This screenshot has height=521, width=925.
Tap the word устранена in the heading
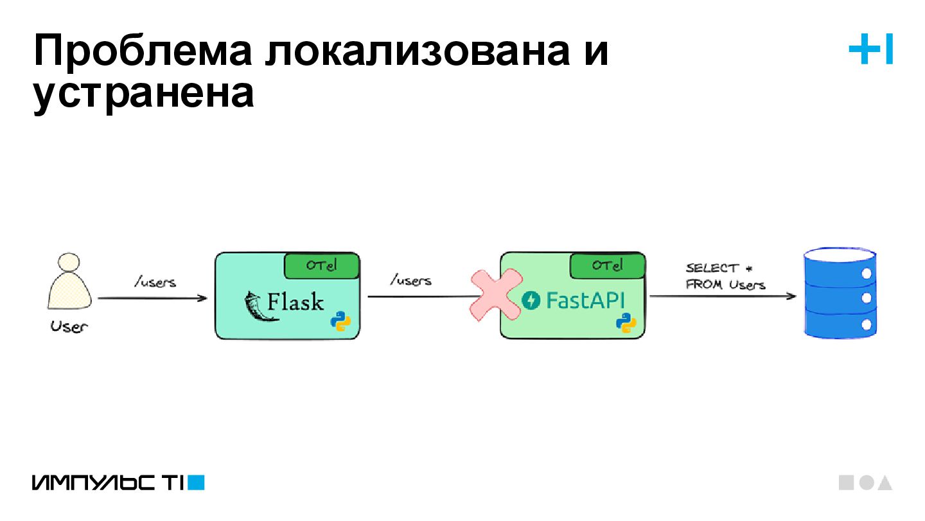pyautogui.click(x=143, y=94)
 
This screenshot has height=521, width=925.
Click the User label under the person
pyautogui.click(x=69, y=326)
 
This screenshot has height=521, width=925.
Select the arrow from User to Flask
pyautogui.click(x=152, y=298)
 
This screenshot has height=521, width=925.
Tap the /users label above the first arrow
pyautogui.click(x=155, y=282)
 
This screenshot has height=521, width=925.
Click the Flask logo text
pyautogui.click(x=295, y=301)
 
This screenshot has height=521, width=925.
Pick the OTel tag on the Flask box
pyautogui.click(x=321, y=265)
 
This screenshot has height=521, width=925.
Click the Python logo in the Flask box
pyautogui.click(x=340, y=321)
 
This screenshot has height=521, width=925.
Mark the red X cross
pyautogui.click(x=495, y=295)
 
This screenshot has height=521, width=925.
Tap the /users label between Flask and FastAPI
pyautogui.click(x=410, y=281)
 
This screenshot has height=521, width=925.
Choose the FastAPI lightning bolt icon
pyautogui.click(x=531, y=300)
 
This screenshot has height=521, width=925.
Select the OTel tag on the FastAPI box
pyautogui.click(x=607, y=265)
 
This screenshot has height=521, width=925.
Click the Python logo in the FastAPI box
pyautogui.click(x=626, y=322)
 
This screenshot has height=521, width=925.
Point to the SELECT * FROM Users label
pyautogui.click(x=725, y=276)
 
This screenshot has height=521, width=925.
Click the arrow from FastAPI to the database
pyautogui.click(x=723, y=297)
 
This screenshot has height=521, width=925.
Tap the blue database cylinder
pyautogui.click(x=840, y=294)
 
